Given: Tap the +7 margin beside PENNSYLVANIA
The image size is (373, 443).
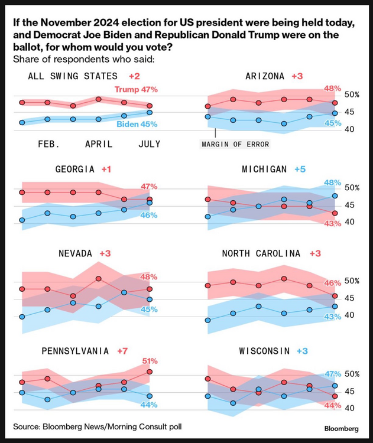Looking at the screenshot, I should click(122, 351).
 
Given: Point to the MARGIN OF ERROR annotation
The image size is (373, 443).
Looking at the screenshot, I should click(235, 144).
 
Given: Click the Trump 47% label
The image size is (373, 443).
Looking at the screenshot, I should click(136, 90).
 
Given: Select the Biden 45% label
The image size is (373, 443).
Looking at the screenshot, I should click(137, 124).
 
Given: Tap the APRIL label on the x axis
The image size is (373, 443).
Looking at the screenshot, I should click(99, 144).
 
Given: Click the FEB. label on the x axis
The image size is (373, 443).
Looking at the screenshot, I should click(48, 144).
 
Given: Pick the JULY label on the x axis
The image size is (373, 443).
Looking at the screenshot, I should click(148, 144).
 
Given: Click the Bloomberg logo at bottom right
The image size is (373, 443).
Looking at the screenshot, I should click(341, 428).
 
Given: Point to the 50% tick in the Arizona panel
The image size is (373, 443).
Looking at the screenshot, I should click(352, 95).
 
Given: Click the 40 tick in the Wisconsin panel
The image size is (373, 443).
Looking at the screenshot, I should click(350, 408).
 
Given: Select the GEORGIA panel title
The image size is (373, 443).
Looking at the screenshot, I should click(75, 169).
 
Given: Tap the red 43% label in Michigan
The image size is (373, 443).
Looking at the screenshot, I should click(333, 223).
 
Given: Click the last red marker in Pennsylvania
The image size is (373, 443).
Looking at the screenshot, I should click(150, 372).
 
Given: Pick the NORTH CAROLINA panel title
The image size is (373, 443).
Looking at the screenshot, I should click(261, 253).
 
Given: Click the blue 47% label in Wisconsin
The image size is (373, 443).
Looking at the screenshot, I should click(333, 374).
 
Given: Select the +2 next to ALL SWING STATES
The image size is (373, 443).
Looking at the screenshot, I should click(134, 76).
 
